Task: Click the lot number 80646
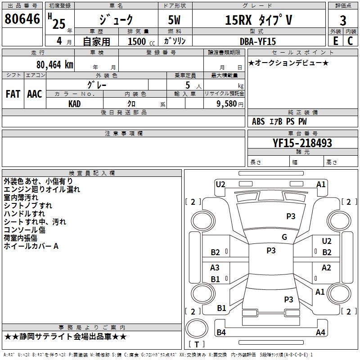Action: (22, 19)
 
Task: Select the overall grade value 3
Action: (343, 21)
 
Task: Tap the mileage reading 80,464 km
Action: (54, 65)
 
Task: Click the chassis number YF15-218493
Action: (302, 143)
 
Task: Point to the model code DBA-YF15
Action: (257, 41)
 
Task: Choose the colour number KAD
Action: (74, 104)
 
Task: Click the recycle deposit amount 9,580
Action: (227, 104)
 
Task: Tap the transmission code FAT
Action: (13, 94)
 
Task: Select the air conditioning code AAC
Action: (35, 94)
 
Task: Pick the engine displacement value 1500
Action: (137, 41)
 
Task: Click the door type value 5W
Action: (174, 20)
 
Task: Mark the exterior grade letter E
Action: (335, 41)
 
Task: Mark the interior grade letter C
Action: (350, 41)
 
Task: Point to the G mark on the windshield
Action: (284, 237)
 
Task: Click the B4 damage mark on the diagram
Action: (221, 332)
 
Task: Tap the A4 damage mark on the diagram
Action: (320, 332)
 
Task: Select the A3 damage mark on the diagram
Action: (215, 267)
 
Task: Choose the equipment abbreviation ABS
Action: (258, 121)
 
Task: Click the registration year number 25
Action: (59, 24)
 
